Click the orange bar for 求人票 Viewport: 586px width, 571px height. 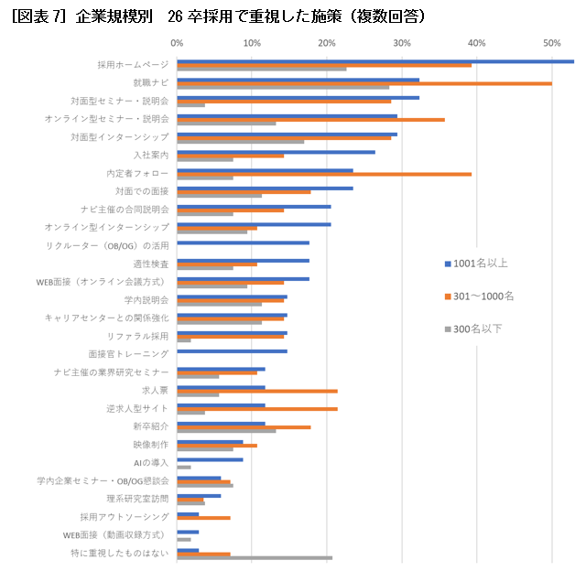coord(256,391)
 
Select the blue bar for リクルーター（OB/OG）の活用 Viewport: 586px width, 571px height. coord(243,242)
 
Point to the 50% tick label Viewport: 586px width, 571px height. coord(551,42)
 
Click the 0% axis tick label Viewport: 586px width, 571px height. coord(177,42)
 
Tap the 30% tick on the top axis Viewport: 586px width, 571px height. coord(401,42)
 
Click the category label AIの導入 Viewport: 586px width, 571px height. coord(151,462)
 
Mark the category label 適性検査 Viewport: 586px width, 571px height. coord(151,264)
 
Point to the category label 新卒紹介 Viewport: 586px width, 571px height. coord(151,426)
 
